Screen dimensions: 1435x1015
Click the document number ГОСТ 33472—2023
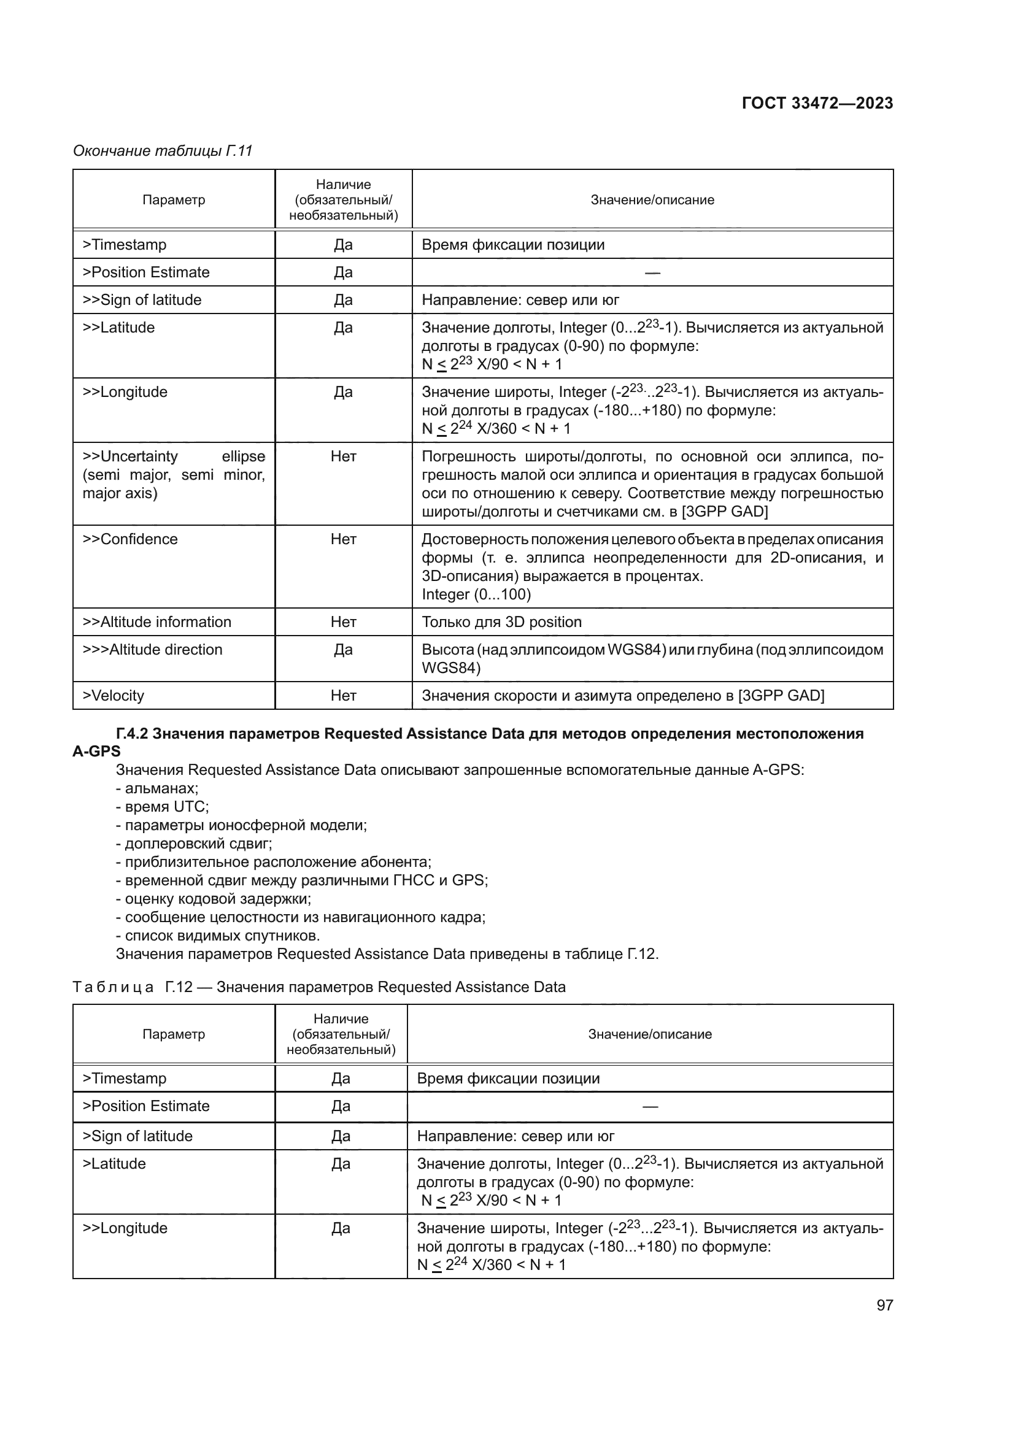click(x=817, y=103)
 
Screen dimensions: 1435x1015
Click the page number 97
click(x=884, y=1305)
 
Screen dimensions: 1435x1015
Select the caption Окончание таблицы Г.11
click(x=163, y=151)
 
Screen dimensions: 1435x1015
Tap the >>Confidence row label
click(x=130, y=539)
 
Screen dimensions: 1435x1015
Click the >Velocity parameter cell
click(x=113, y=696)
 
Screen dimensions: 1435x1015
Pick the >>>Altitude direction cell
click(x=153, y=649)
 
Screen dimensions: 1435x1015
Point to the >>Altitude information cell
click(x=157, y=622)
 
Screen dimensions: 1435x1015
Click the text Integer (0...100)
click(x=476, y=594)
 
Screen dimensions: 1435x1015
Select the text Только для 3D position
click(x=501, y=622)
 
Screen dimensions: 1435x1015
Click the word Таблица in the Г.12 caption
click(x=113, y=987)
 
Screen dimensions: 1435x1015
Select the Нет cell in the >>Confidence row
click(x=343, y=539)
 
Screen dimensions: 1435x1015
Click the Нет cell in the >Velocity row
click(x=343, y=696)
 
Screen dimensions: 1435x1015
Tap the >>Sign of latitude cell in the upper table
click(x=142, y=300)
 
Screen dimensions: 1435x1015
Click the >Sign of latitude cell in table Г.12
click(x=137, y=1136)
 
